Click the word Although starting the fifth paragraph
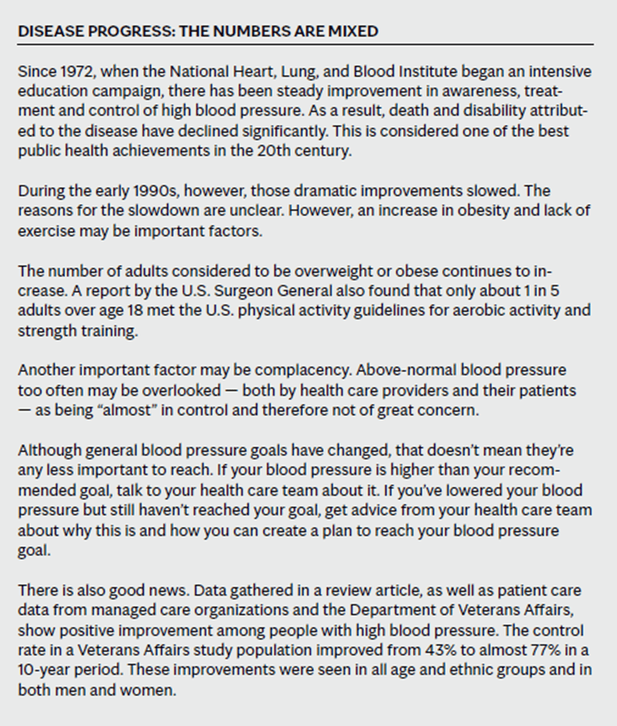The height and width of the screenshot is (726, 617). pyautogui.click(x=48, y=452)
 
